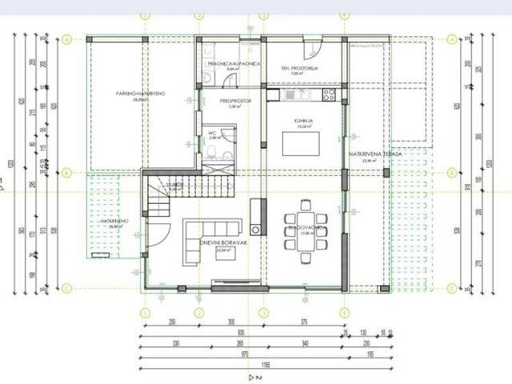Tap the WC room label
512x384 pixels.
(213, 134)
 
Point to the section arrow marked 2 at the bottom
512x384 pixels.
(254, 375)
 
